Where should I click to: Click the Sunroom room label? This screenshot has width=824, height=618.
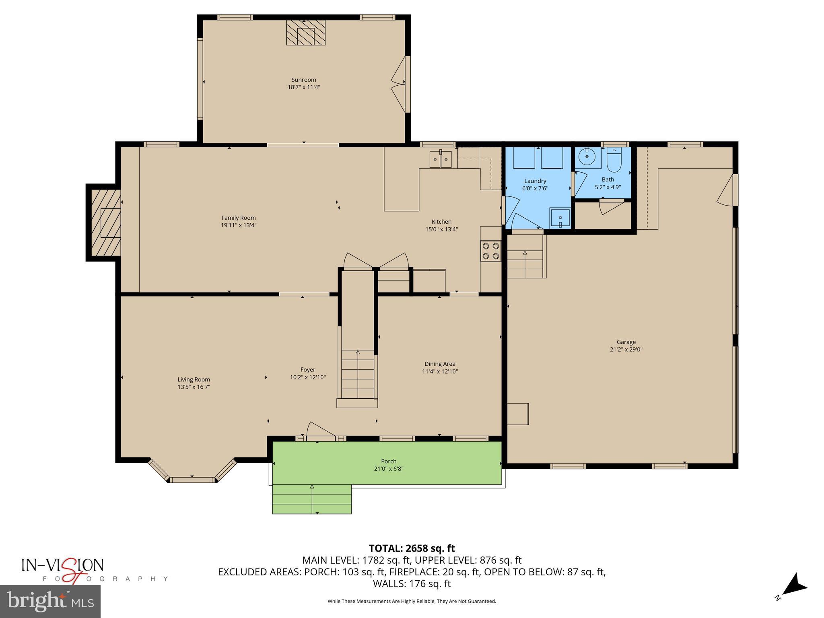[x=304, y=80]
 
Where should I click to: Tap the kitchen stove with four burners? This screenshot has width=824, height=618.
[x=490, y=251]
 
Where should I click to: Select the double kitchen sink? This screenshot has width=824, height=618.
[x=441, y=159]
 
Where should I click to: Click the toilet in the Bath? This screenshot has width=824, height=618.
[x=614, y=161]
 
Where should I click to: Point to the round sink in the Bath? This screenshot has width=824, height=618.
[x=587, y=157]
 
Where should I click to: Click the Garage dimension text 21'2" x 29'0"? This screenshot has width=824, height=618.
[x=626, y=350]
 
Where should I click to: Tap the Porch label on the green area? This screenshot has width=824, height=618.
[x=389, y=461]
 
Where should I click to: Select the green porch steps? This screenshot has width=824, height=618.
[x=312, y=499]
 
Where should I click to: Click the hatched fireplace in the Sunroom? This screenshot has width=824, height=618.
[x=305, y=33]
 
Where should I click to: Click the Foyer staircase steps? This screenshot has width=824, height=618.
[x=358, y=374]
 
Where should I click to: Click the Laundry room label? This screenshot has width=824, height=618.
[x=535, y=181]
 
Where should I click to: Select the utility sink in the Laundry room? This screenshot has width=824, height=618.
[x=560, y=218]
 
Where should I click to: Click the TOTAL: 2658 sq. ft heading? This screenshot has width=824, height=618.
[x=412, y=548]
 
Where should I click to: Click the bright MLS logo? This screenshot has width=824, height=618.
[x=50, y=601]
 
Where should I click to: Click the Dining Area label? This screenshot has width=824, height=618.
[x=440, y=364]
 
